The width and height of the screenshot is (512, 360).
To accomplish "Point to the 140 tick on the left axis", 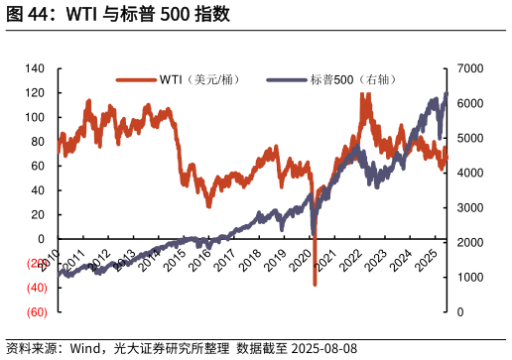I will (x=35, y=68).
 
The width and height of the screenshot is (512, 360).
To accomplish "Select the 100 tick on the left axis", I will (x=35, y=117).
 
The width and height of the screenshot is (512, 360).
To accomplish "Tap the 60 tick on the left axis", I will (x=38, y=166).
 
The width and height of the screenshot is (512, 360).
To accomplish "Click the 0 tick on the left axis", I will (x=41, y=239).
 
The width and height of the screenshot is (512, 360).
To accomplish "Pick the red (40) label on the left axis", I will (x=36, y=288).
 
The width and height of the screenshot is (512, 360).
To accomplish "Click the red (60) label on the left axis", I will (x=36, y=312).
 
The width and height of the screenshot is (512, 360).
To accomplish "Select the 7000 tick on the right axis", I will (x=470, y=68).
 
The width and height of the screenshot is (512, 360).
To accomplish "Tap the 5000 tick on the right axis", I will (x=470, y=138).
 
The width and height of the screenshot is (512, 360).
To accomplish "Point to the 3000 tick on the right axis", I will (x=470, y=208).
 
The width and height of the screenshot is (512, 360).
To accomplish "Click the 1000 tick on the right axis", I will (x=470, y=278).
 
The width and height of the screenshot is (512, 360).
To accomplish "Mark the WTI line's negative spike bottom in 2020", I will (x=315, y=285).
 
